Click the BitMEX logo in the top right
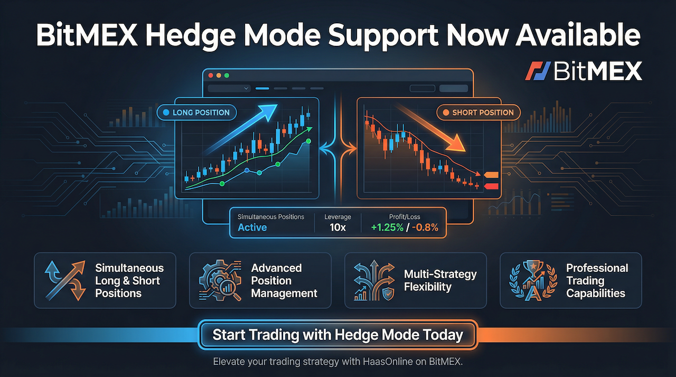[x=584, y=71]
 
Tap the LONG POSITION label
[x=196, y=112]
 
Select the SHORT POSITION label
[x=478, y=112]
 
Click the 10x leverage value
[x=338, y=228]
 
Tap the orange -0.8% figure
[x=428, y=228]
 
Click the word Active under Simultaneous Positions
[x=252, y=228]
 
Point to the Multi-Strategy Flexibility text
[x=440, y=280]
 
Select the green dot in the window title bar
[x=228, y=76]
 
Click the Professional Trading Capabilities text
[x=597, y=280]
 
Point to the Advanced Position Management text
[x=284, y=280]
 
